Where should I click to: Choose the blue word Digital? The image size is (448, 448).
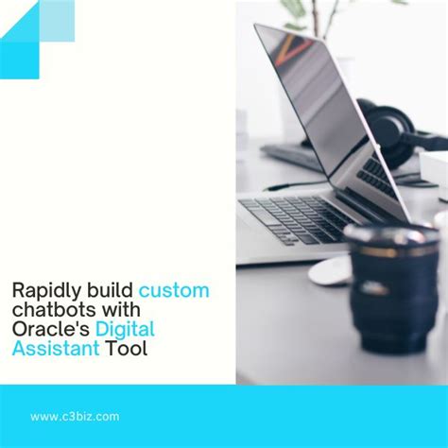(126, 330)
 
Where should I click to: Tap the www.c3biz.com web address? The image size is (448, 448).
(75, 416)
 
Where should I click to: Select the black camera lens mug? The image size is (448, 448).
(389, 284)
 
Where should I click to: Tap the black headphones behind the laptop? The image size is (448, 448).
(388, 132)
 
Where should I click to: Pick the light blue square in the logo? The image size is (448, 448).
(58, 22)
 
